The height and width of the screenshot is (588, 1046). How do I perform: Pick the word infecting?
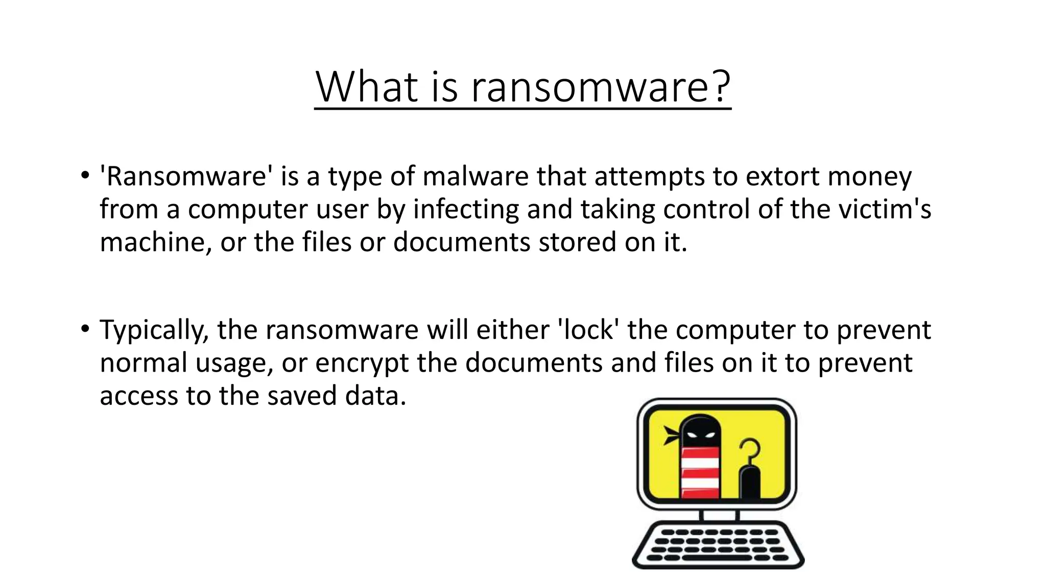(466, 210)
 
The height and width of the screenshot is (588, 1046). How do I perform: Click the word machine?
(154, 242)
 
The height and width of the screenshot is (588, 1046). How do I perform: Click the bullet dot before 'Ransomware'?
(85, 176)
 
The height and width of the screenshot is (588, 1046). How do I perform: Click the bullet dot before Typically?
(85, 329)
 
